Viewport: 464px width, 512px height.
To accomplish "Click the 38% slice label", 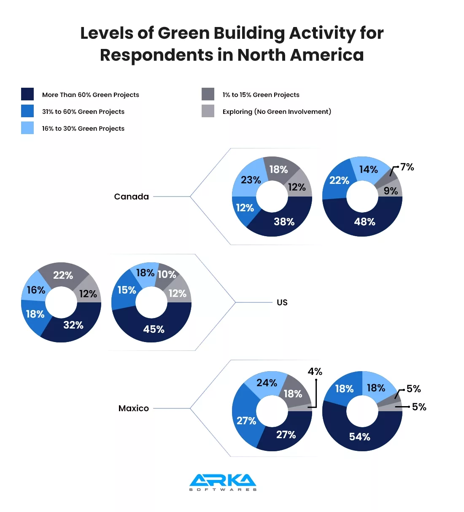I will (284, 222).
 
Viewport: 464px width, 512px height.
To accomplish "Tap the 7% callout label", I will (407, 167).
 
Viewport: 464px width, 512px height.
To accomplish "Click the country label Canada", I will (131, 197).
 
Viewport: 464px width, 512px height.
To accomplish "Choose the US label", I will (282, 302).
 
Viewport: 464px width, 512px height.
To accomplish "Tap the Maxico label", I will (133, 408).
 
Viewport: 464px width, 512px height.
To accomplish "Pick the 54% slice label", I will (359, 437).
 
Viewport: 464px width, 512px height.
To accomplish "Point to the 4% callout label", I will (315, 372).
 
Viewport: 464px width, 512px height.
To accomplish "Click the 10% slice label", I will (167, 275).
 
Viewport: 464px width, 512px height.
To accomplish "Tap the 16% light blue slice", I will (35, 290).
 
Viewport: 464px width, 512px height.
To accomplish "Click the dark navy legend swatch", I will (27, 94).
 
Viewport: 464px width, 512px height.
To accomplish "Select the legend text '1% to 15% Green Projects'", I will (261, 95).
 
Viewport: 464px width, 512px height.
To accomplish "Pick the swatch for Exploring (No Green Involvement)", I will (208, 111).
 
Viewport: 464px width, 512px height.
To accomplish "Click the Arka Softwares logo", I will (223, 482).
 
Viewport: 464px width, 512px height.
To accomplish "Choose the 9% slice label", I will (391, 191).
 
